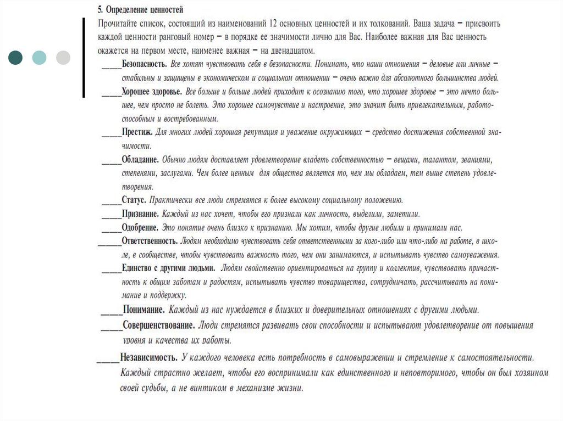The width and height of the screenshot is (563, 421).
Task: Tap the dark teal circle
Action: [16, 57]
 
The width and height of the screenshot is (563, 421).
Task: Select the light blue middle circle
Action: [40, 57]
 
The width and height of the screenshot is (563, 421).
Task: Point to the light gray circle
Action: [63, 57]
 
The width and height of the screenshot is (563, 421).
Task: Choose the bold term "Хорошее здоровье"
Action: [152, 91]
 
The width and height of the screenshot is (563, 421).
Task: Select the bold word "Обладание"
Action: [140, 160]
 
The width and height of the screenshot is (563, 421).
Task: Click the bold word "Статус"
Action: [134, 200]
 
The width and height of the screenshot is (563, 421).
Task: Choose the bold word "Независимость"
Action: [149, 357]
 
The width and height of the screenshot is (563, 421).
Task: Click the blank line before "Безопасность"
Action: [112, 66]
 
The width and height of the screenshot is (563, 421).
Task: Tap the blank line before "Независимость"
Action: [108, 360]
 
